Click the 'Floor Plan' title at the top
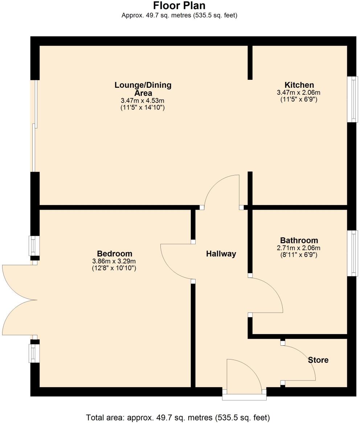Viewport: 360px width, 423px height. [179, 6]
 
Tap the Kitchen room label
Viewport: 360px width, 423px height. [299, 86]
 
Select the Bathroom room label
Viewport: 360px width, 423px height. [299, 240]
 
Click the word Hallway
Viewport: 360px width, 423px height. [221, 254]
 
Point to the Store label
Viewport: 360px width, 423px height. [318, 360]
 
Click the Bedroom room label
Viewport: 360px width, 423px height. [115, 254]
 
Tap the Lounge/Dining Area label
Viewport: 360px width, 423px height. [143, 89]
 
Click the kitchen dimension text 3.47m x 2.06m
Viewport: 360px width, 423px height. [299, 93]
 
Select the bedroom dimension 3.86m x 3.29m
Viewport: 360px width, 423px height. [114, 261]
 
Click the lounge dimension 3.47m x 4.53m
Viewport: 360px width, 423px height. [143, 100]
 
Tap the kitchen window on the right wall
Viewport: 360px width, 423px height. [352, 99]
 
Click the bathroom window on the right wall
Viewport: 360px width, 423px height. [352, 253]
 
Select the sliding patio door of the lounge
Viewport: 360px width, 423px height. [35, 126]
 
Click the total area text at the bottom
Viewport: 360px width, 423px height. [178, 417]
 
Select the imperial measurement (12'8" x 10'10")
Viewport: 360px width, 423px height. [114, 268]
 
